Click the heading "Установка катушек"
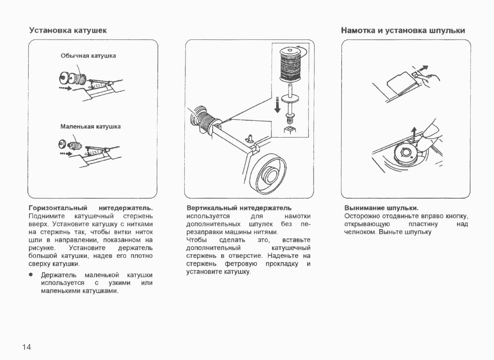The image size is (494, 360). tap(68, 30)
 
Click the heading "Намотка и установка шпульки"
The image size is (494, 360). tap(403, 30)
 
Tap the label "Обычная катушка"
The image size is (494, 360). tap(88, 56)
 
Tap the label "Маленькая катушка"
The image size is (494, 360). tap(90, 126)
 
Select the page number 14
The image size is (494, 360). tap(26, 347)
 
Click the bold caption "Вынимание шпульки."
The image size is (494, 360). tap(381, 208)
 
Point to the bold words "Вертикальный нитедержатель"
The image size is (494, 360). tap(239, 208)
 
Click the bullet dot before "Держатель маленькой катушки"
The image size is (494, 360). tap(31, 275)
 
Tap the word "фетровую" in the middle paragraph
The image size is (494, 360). tap(241, 264)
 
